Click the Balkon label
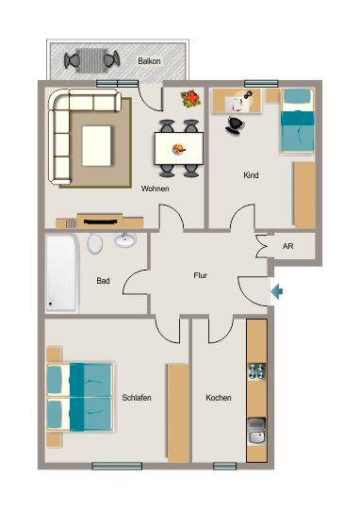click(x=148, y=60)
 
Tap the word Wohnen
click(x=155, y=189)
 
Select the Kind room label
click(x=251, y=175)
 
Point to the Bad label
click(x=104, y=280)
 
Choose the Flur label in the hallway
click(x=200, y=276)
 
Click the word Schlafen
click(x=137, y=398)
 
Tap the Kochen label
click(x=219, y=398)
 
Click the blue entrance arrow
click(x=276, y=292)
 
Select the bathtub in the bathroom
click(x=62, y=273)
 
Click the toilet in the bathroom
click(x=95, y=243)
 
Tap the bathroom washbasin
click(x=125, y=239)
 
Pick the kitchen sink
click(x=255, y=434)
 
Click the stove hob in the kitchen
click(x=255, y=372)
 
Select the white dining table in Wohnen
click(x=178, y=148)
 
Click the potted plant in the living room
click(x=191, y=98)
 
